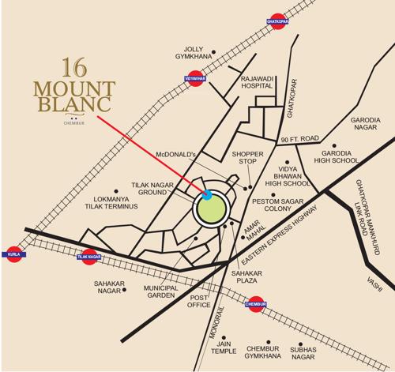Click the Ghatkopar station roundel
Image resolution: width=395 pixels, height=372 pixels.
tap(275, 23)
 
